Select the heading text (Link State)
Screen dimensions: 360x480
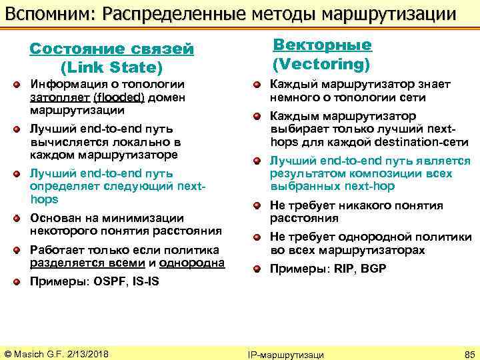pos(111,67)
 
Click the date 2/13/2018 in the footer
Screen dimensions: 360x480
pos(87,353)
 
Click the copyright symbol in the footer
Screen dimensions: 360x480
pos(9,353)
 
